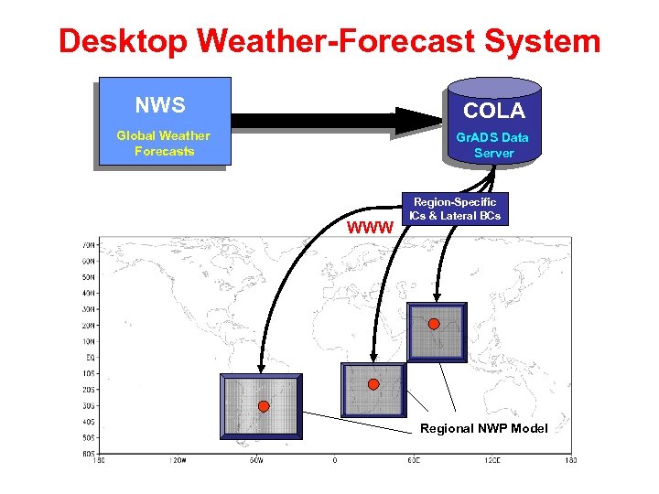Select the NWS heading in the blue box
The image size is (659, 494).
(x=160, y=105)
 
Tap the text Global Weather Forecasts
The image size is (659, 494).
(x=164, y=144)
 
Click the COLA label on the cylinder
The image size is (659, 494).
(x=493, y=112)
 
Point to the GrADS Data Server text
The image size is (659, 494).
(x=493, y=145)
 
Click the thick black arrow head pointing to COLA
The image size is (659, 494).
(x=416, y=121)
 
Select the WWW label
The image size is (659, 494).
(x=371, y=226)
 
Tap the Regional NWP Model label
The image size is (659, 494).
(x=483, y=428)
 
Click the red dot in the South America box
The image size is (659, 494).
(x=264, y=405)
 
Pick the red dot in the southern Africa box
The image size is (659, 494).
(x=373, y=384)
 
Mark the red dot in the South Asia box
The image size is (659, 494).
(x=434, y=324)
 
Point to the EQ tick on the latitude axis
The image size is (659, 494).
(x=88, y=358)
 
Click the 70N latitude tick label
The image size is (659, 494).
(x=88, y=245)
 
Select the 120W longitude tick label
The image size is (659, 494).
(x=177, y=460)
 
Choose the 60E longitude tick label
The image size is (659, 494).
(x=414, y=460)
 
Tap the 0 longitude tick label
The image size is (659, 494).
(x=335, y=460)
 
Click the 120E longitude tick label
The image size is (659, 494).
(x=492, y=460)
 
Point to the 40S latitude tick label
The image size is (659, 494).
(x=88, y=422)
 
